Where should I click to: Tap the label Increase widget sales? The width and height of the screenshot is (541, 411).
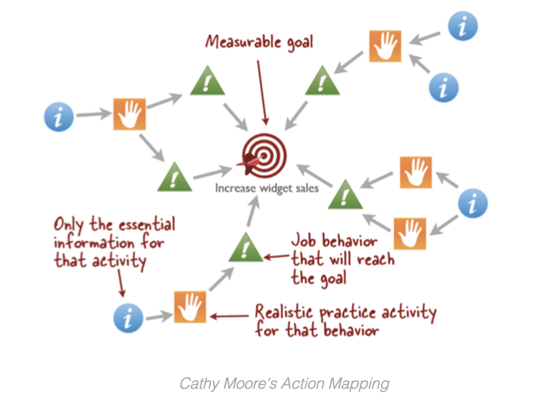pyautogui.click(x=267, y=188)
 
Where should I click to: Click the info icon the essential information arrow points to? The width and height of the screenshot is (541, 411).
pyautogui.click(x=128, y=317)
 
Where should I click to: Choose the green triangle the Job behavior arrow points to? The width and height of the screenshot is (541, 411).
pyautogui.click(x=246, y=248)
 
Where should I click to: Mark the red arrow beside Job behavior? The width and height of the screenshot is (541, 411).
pyautogui.click(x=277, y=257)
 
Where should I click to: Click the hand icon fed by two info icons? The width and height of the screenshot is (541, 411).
pyautogui.click(x=385, y=46)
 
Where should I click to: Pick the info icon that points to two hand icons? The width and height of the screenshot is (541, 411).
pyautogui.click(x=473, y=204)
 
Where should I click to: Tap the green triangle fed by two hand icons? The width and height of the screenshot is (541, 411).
pyautogui.click(x=345, y=194)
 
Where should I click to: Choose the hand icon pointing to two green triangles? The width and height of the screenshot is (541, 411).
pyautogui.click(x=129, y=114)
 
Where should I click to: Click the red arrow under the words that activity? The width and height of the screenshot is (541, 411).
pyautogui.click(x=120, y=283)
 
